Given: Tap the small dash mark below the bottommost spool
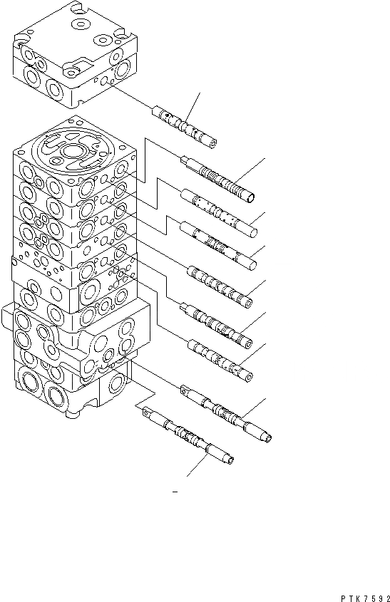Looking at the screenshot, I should (175, 492).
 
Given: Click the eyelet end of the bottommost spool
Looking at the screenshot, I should (147, 411).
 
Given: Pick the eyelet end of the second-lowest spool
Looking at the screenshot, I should (185, 390).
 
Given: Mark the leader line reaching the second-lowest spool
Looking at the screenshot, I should (253, 408).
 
